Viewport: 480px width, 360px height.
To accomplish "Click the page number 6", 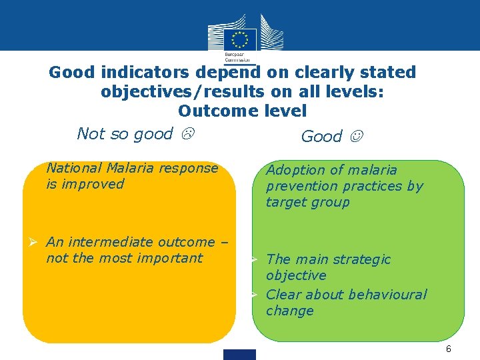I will (449, 349).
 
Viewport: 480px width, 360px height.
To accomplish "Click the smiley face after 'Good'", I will (358, 137).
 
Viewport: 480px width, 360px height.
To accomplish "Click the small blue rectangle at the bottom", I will (240, 354).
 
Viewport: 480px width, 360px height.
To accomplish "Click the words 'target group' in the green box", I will (307, 202).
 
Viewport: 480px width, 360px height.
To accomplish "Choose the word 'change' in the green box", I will (289, 311).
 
